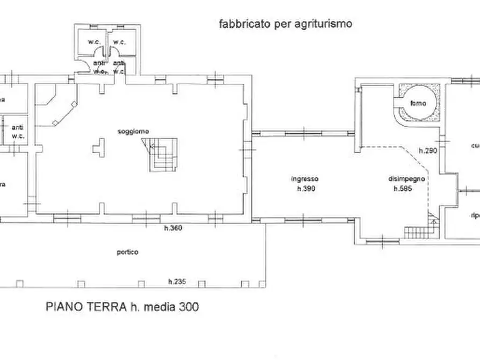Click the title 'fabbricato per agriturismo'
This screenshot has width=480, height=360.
coord(285,24)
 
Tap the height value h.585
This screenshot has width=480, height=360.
coord(403,189)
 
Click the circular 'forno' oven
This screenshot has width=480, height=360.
coord(417,104)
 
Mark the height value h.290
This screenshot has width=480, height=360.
coord(428,151)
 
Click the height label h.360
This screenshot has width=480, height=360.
coord(174,228)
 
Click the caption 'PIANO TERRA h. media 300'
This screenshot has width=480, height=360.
coord(123,307)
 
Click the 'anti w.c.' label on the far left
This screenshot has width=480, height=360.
coord(18,131)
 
